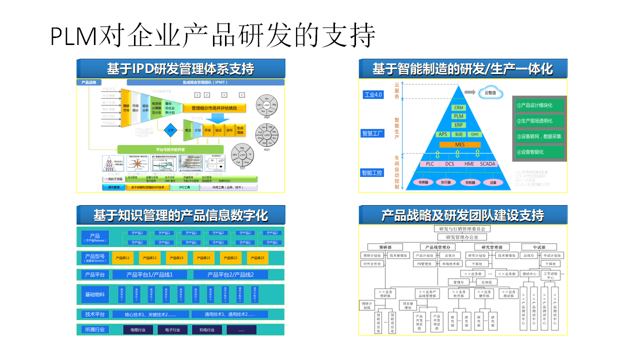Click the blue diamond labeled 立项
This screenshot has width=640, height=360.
(171, 129)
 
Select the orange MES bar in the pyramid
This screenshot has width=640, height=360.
(459, 144)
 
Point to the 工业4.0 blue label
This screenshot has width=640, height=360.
(372, 94)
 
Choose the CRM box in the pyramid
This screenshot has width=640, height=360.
(459, 107)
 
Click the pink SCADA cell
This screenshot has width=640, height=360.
(487, 164)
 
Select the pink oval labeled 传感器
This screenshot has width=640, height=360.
(423, 182)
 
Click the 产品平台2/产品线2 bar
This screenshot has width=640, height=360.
(230, 274)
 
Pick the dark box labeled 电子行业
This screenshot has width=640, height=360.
(172, 330)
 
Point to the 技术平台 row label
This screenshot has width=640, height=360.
(95, 314)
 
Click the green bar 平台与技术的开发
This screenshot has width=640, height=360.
(170, 149)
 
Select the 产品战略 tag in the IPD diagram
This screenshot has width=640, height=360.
(89, 82)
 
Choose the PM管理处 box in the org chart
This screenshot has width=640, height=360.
(426, 263)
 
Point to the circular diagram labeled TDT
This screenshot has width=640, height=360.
(242, 156)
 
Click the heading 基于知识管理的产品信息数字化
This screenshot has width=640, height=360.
(180, 215)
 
